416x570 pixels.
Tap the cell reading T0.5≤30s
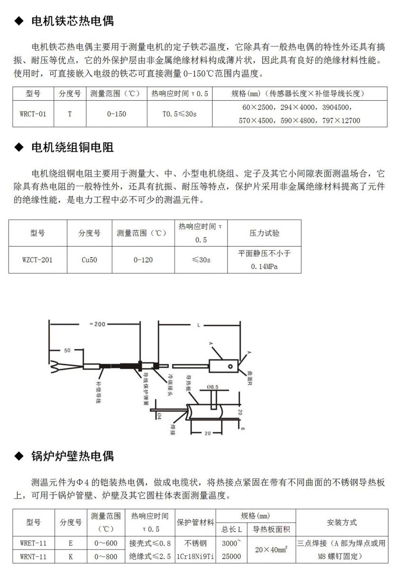tap(179, 114)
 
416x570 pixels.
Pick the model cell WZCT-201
tap(38, 260)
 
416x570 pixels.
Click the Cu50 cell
tap(89, 260)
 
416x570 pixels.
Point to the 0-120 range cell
tap(143, 260)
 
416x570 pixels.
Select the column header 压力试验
tap(265, 233)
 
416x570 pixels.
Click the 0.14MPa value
tap(265, 266)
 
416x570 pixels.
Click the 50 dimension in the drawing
tap(67, 350)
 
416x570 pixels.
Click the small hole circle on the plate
tap(230, 366)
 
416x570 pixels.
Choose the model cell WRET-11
tap(34, 542)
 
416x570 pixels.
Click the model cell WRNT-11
tap(34, 556)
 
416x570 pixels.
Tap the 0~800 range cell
tap(105, 556)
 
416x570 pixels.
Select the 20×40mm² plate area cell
tap(272, 549)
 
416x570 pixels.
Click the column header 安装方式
tap(341, 522)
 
